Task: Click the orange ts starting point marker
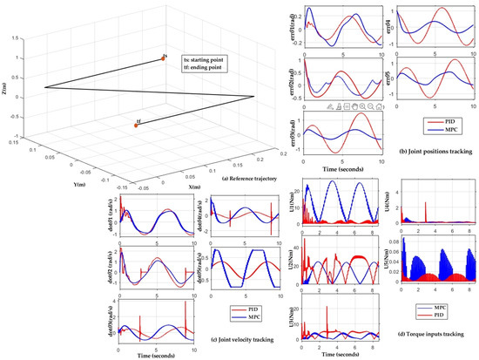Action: pos(162,57)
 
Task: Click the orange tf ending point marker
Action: pos(135,125)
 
